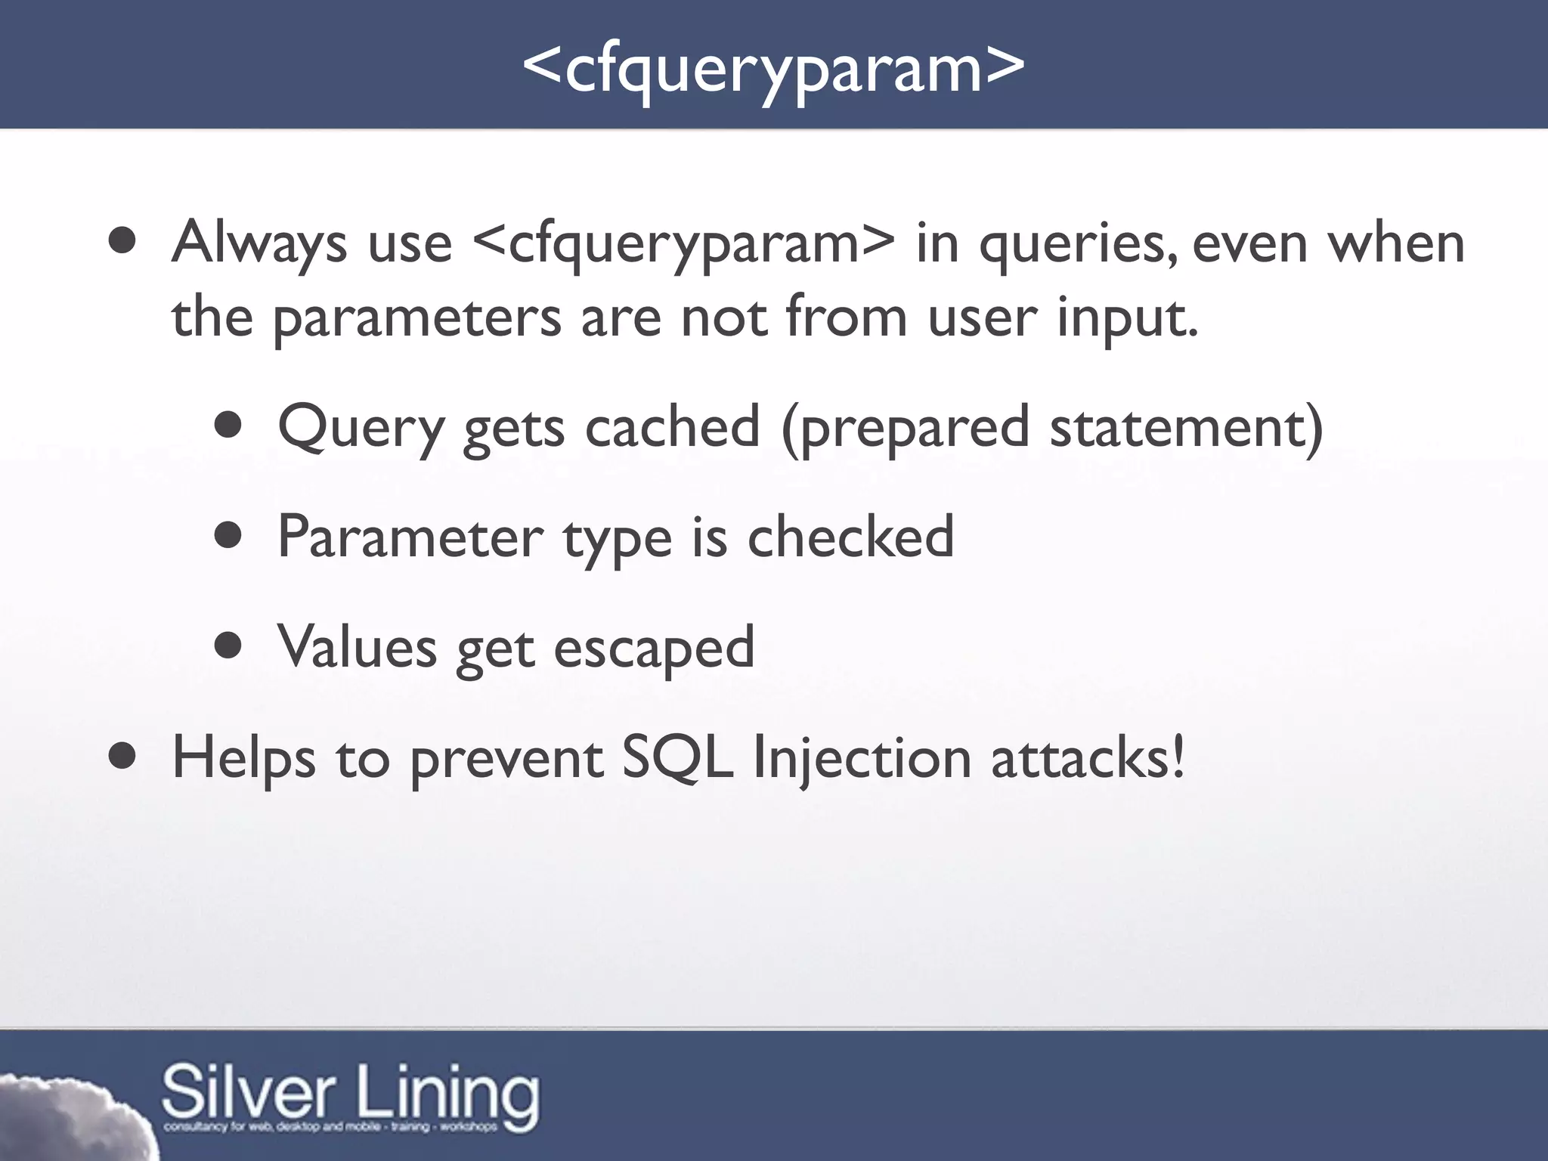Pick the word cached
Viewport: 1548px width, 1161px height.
pos(672,426)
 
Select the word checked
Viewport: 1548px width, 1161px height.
pos(850,536)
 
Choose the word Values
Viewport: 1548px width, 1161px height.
pos(357,647)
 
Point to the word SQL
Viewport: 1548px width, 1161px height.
pos(676,757)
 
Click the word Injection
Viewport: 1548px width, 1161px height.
pos(862,759)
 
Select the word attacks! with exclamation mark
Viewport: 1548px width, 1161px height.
pos(1088,757)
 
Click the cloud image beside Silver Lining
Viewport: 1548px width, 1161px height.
pos(68,1119)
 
